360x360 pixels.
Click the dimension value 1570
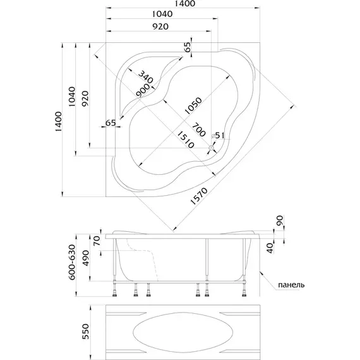[x=199, y=196]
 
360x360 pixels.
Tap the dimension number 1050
[x=193, y=106]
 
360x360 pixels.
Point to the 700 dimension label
[x=198, y=129]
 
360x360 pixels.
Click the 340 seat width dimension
[x=145, y=77]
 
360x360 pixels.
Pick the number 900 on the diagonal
[x=143, y=91]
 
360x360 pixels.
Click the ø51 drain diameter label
[x=218, y=135]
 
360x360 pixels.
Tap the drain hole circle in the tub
[x=211, y=148]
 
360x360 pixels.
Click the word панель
[x=291, y=285]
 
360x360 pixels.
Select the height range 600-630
[x=72, y=262]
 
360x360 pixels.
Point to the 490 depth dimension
[x=86, y=258]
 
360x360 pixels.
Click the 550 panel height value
[x=86, y=332]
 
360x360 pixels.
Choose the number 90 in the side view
[x=280, y=220]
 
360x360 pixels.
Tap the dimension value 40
[x=271, y=248]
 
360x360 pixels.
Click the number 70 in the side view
[x=97, y=241]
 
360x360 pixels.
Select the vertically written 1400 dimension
[x=58, y=121]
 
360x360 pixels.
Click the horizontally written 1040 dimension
[x=162, y=15]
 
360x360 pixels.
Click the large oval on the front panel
[x=183, y=332]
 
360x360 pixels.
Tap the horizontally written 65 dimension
[x=111, y=123]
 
